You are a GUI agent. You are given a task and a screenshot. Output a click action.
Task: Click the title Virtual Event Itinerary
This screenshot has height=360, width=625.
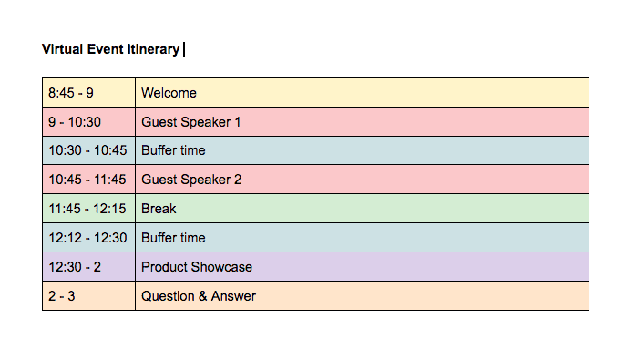(110, 49)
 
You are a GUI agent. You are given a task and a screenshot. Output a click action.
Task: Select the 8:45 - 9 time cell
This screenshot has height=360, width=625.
(71, 93)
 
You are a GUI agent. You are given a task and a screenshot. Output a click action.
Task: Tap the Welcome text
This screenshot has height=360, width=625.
(169, 93)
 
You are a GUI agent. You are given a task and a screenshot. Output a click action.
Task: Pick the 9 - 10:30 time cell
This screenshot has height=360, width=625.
(75, 122)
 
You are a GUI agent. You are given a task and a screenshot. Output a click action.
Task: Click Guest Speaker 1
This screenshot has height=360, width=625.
(191, 122)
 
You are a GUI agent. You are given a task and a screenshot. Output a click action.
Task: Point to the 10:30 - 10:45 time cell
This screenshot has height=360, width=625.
(87, 151)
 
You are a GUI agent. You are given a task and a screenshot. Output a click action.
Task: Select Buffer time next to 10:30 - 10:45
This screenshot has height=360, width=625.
(173, 151)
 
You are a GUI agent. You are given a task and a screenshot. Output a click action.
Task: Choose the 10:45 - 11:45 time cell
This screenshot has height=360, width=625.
(87, 180)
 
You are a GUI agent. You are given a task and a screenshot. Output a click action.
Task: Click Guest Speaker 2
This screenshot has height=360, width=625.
(191, 180)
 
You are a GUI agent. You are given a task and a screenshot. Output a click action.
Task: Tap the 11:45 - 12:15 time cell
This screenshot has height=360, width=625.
(87, 210)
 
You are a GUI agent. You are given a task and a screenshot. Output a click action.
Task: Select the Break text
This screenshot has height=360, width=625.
(159, 210)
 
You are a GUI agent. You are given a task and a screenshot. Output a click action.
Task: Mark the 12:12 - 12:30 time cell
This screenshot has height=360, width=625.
(87, 239)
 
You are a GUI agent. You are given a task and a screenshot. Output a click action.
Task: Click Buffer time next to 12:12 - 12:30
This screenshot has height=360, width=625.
(173, 239)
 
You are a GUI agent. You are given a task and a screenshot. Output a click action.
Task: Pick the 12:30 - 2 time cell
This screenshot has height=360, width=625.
(75, 268)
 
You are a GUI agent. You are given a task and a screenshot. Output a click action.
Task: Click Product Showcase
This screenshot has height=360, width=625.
(197, 268)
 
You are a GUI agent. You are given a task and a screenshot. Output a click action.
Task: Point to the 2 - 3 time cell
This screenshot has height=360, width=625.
(64, 297)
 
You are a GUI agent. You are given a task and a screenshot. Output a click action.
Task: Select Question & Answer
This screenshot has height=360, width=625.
(199, 297)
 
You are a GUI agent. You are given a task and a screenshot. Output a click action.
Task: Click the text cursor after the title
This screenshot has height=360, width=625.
(184, 49)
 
